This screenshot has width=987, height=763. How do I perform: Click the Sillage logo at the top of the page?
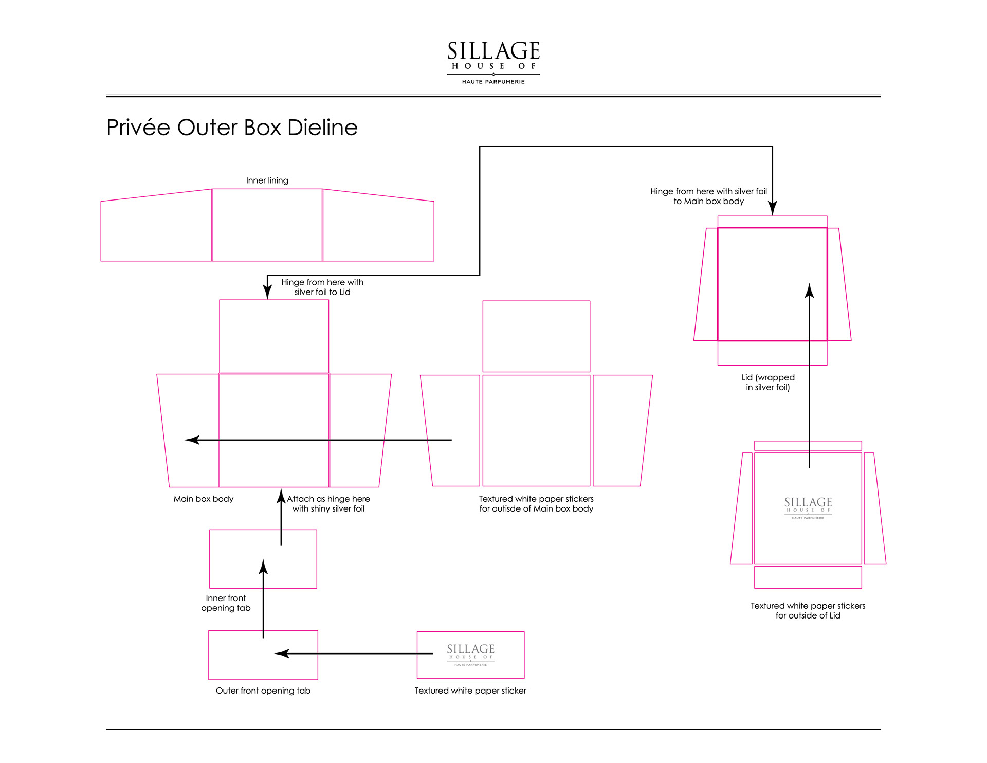[493, 62]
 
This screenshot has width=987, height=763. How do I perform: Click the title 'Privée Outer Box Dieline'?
[232, 128]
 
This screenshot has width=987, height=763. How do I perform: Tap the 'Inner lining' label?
[267, 180]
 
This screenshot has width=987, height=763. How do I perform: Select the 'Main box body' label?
[203, 499]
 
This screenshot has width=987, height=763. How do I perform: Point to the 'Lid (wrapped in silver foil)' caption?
[767, 383]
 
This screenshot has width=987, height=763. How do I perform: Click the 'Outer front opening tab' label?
[263, 691]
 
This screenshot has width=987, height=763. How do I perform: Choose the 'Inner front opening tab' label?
[226, 603]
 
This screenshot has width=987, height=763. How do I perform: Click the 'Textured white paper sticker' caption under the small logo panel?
[470, 691]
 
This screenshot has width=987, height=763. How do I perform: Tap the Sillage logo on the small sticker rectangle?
[470, 654]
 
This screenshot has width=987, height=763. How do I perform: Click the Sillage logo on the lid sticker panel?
[808, 507]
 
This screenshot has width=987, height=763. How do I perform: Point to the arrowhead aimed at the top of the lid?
[772, 209]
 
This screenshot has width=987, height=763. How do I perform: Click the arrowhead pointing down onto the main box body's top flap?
[267, 292]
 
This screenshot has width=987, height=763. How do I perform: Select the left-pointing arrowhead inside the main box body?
[192, 440]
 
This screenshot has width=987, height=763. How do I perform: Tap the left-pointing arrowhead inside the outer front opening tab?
[282, 653]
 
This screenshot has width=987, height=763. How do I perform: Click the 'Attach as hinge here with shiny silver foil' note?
[328, 504]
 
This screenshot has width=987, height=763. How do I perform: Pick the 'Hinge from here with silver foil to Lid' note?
[322, 287]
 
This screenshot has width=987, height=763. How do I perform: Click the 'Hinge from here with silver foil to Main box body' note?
[708, 196]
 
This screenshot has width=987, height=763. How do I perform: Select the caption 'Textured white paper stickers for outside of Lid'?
[808, 611]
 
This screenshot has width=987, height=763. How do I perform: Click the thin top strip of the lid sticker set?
[808, 446]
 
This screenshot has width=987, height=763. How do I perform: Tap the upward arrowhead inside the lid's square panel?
[809, 291]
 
